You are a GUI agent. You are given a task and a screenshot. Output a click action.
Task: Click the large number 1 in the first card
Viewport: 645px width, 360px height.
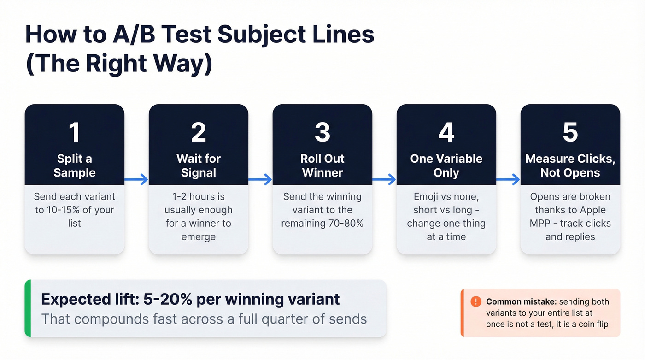pyautogui.click(x=74, y=132)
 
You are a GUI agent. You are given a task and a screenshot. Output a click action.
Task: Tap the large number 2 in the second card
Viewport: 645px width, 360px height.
pyautogui.click(x=198, y=132)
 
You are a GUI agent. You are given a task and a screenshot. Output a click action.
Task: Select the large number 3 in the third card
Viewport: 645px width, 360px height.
pyautogui.click(x=322, y=132)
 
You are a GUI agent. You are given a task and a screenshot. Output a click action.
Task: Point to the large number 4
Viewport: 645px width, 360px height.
pyautogui.click(x=446, y=132)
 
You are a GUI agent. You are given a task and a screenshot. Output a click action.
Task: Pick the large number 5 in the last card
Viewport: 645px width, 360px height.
pyautogui.click(x=570, y=132)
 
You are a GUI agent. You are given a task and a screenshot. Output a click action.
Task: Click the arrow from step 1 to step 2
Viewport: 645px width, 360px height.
pyautogui.click(x=137, y=179)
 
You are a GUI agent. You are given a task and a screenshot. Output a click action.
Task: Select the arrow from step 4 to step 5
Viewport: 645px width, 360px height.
pyautogui.click(x=509, y=179)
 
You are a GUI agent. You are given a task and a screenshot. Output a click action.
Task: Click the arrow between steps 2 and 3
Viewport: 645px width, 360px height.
pyautogui.click(x=261, y=179)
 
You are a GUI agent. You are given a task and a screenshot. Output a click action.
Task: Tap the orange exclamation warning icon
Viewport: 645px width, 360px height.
pyautogui.click(x=475, y=301)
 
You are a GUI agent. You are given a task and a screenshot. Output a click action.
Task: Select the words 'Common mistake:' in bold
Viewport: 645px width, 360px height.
pyautogui.click(x=521, y=302)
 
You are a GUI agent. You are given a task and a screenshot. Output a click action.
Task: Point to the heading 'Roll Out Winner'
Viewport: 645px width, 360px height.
pyautogui.click(x=322, y=165)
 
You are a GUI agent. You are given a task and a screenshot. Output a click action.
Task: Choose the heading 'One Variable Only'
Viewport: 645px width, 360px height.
pyautogui.click(x=446, y=165)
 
